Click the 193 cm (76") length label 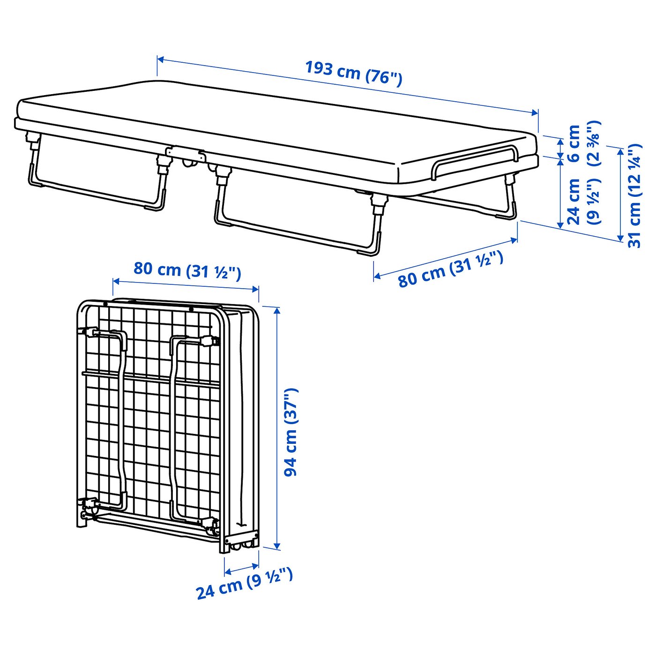click(354, 73)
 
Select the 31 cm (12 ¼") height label click(634, 195)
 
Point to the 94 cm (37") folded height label click(291, 432)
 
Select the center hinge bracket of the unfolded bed click(186, 155)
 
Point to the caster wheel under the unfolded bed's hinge click(189, 164)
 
